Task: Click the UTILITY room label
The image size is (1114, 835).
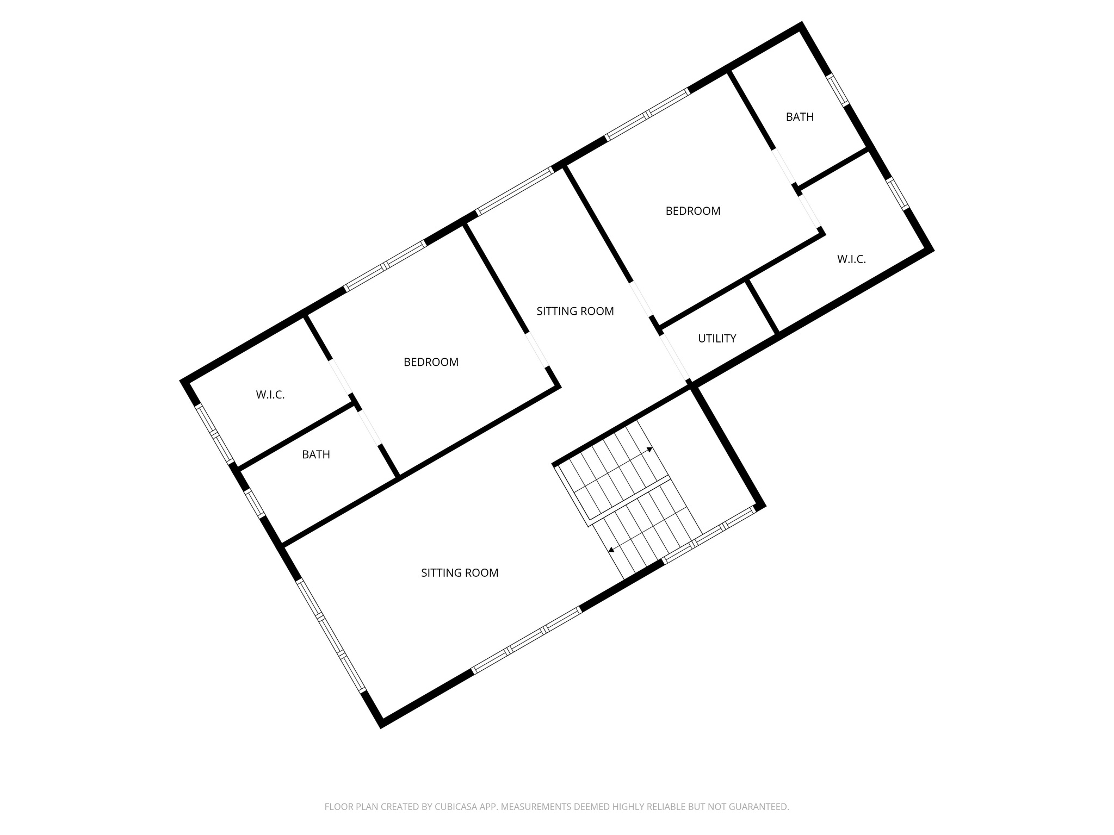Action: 717,338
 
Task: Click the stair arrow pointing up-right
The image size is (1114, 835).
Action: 649,450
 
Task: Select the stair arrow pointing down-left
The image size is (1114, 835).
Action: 611,550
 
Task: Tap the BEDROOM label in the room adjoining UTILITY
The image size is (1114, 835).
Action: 692,211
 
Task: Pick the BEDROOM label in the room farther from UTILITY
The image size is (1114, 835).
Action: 431,362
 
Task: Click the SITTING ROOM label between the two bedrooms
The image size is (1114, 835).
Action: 575,311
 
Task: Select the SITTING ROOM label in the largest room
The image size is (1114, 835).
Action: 460,572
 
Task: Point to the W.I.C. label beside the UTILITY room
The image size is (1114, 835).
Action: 851,259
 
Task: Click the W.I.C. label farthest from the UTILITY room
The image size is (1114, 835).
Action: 270,395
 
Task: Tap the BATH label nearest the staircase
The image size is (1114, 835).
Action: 316,454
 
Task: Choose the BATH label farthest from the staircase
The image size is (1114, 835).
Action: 800,117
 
